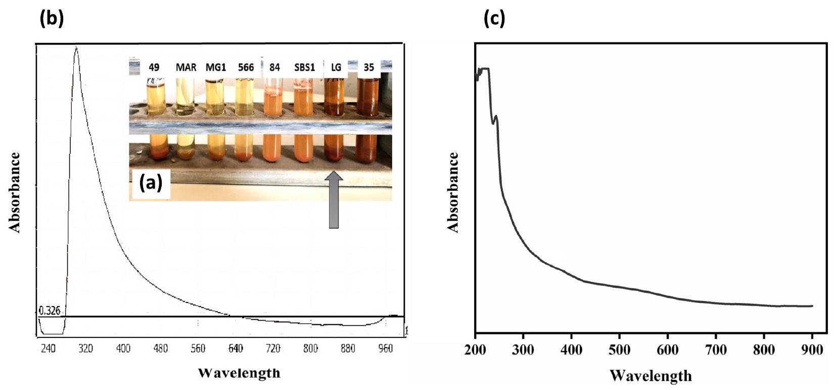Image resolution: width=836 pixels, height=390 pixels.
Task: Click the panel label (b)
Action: (x=52, y=19)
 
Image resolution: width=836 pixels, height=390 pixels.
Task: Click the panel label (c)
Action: (x=494, y=19)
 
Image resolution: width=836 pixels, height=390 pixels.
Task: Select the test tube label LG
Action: (x=336, y=67)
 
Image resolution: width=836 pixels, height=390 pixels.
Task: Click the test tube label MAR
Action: (x=186, y=67)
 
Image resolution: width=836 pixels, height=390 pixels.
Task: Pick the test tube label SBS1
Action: (x=304, y=67)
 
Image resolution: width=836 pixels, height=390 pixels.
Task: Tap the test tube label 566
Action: (x=246, y=67)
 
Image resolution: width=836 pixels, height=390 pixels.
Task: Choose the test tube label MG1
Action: (x=216, y=67)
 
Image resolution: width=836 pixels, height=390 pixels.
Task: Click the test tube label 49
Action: (x=154, y=67)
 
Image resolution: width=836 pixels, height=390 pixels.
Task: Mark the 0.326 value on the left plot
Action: (x=49, y=311)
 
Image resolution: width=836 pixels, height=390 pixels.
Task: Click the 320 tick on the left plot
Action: (x=85, y=349)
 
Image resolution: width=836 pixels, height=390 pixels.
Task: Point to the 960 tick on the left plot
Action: (x=386, y=349)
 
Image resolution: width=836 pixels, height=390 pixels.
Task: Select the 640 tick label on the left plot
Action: (x=236, y=349)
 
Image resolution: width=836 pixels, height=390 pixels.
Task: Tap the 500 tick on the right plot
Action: (x=619, y=350)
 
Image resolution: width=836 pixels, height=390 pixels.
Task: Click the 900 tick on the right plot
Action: (x=812, y=350)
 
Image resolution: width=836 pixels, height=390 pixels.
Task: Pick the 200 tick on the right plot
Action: (x=475, y=350)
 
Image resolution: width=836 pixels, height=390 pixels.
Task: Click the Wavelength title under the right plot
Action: (x=651, y=376)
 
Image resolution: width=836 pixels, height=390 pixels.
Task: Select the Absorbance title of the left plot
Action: (x=15, y=192)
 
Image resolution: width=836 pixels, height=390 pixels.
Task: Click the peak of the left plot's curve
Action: (x=76, y=48)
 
